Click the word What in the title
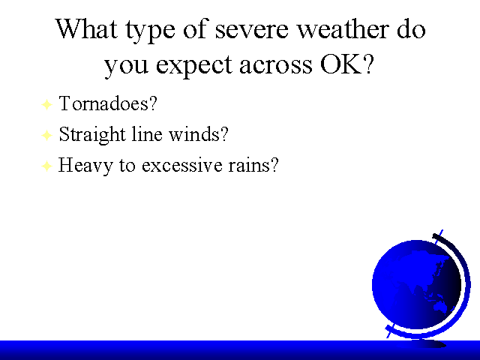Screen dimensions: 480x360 coord(87,28)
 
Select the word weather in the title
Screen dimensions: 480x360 coord(343,28)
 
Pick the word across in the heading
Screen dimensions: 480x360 coord(276,65)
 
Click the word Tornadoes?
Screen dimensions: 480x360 coord(108,103)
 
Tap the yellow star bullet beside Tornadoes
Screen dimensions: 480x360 coord(46,104)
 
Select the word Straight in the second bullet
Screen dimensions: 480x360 coord(92,134)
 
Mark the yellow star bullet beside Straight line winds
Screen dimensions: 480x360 coord(46,135)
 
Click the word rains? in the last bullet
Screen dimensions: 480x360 coord(253,165)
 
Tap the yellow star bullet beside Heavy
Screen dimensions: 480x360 coord(46,166)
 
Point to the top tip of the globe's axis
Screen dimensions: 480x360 coord(442,230)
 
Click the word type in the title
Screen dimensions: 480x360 coord(150,31)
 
